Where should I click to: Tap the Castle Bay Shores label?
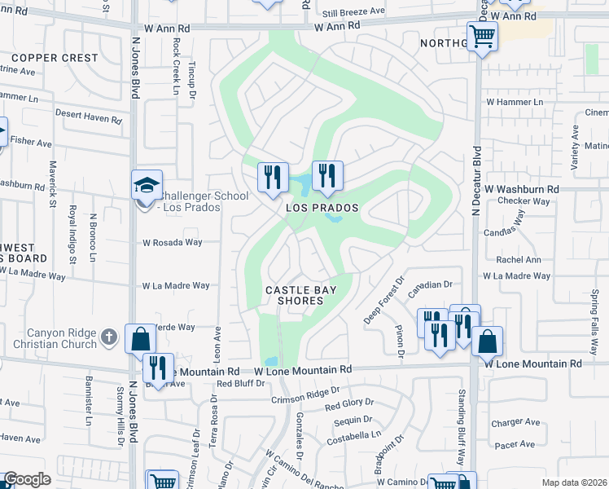(x=294, y=295)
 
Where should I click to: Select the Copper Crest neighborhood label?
(x=55, y=58)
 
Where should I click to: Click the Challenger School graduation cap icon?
(x=147, y=183)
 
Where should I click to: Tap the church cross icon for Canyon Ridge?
(x=108, y=336)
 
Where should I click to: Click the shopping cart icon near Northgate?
(x=483, y=36)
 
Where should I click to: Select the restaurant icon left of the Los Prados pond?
(x=273, y=176)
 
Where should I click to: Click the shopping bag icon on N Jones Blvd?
(x=140, y=337)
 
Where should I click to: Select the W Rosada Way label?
(x=172, y=242)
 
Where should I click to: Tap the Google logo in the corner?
(x=28, y=479)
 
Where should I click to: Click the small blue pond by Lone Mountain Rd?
(x=271, y=361)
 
